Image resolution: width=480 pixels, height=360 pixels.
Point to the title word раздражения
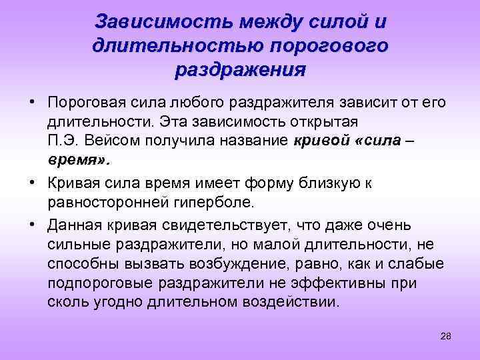pyautogui.click(x=240, y=69)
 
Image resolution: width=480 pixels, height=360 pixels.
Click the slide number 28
pyautogui.click(x=446, y=335)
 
